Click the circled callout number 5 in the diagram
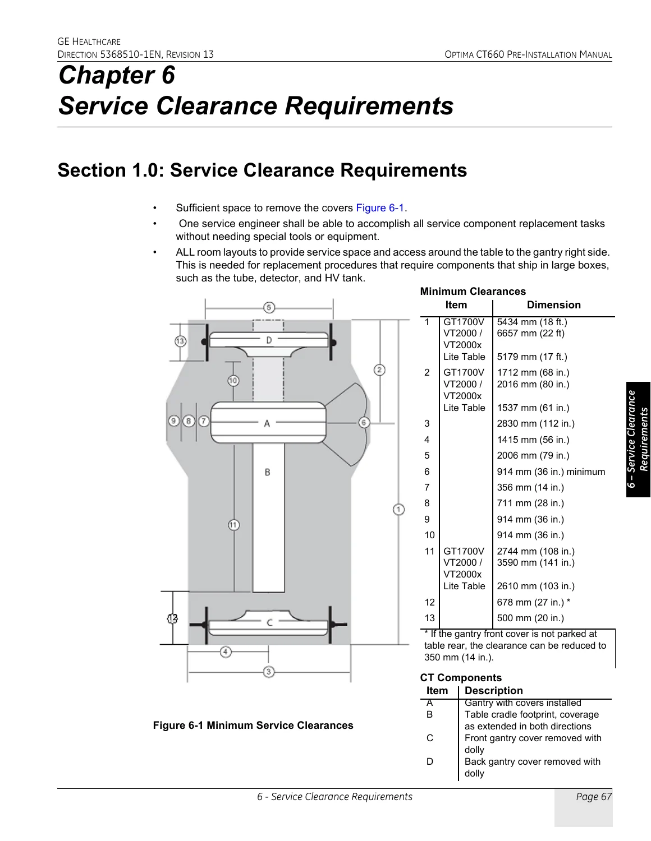point(269,307)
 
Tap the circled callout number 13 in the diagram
point(180,341)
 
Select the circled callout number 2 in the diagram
point(379,369)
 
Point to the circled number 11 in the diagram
point(233,525)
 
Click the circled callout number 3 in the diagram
point(269,672)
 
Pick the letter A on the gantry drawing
point(267,424)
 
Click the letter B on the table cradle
point(267,472)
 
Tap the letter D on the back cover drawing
point(269,340)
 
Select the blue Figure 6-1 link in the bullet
point(379,208)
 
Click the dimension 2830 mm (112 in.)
point(535,423)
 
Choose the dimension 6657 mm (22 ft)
point(530,333)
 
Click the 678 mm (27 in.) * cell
point(534,602)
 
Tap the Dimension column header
point(554,305)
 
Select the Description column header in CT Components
point(494,691)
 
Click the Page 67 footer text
point(594,797)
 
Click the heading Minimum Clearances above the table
point(473,292)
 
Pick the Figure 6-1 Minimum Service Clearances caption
point(253,726)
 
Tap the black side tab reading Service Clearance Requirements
point(638,439)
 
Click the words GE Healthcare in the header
point(89,42)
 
